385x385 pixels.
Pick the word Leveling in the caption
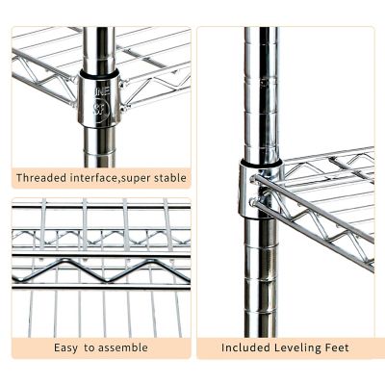302,347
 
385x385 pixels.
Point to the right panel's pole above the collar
260,87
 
